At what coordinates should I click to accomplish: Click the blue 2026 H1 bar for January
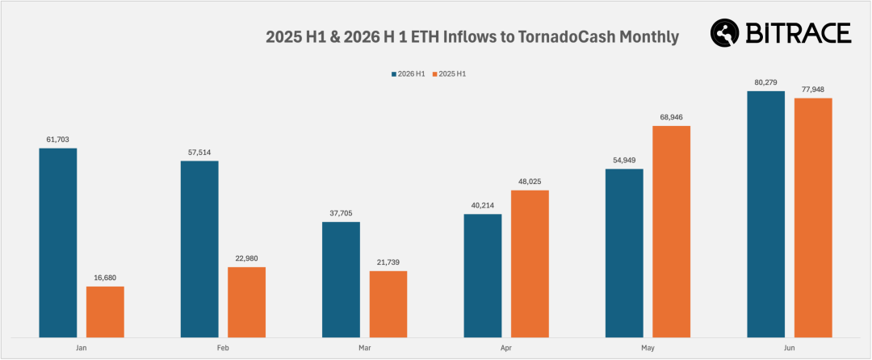(58, 243)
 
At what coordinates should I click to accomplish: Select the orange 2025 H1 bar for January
(105, 312)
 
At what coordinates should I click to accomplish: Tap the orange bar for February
(246, 302)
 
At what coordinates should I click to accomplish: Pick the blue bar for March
(341, 279)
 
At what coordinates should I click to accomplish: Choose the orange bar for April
(530, 264)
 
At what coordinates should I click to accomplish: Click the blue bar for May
(624, 253)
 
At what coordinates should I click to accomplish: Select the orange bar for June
(813, 218)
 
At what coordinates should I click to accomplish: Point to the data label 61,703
(58, 140)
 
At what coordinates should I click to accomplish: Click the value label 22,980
(246, 258)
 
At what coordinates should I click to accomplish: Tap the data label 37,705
(341, 213)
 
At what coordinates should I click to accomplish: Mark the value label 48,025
(530, 182)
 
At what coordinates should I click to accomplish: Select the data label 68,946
(671, 117)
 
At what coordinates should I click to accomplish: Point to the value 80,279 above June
(765, 83)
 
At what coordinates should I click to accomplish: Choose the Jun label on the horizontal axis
(789, 349)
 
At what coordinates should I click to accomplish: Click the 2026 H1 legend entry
(409, 74)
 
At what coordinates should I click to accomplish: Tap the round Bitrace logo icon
(724, 33)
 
